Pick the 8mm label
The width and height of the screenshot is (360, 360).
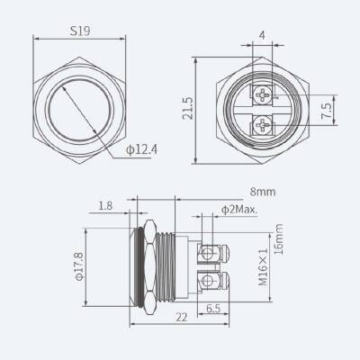tap(263, 190)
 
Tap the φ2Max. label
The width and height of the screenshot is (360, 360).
tap(237, 211)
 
